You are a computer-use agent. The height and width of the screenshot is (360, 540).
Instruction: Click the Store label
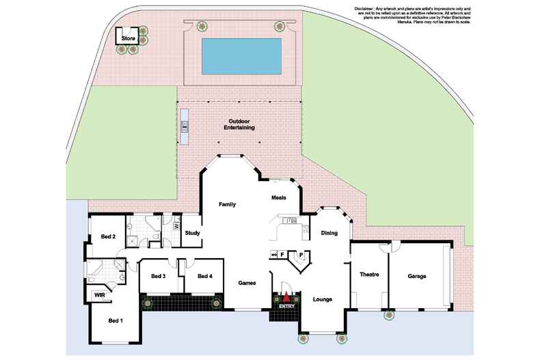pos(129,39)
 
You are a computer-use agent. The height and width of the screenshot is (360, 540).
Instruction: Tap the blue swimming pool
pos(242,57)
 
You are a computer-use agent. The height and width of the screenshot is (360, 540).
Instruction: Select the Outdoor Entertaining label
pos(239,125)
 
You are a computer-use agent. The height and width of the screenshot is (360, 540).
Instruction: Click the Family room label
pos(227,204)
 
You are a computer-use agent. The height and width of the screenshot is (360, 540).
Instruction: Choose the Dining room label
pos(329,233)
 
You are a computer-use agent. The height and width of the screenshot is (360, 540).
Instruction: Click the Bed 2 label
pos(108,236)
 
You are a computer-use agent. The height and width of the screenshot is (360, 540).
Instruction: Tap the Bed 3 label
pos(158,276)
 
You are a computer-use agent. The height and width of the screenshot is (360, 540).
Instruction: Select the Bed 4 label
pos(205,276)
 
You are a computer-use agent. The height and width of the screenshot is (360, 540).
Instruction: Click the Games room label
pos(247,282)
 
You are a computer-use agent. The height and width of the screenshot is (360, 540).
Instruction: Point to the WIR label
pos(99,295)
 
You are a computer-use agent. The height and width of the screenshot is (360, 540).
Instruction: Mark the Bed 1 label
pos(116,320)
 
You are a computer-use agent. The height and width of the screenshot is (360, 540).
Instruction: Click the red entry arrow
pos(286,298)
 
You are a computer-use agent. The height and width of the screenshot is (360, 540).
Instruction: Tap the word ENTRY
pos(286,306)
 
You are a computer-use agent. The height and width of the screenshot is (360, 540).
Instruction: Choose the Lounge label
pos(323,299)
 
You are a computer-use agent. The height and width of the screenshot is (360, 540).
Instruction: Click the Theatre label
pos(369,275)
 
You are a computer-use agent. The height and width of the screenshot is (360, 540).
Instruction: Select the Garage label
pos(417,276)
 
